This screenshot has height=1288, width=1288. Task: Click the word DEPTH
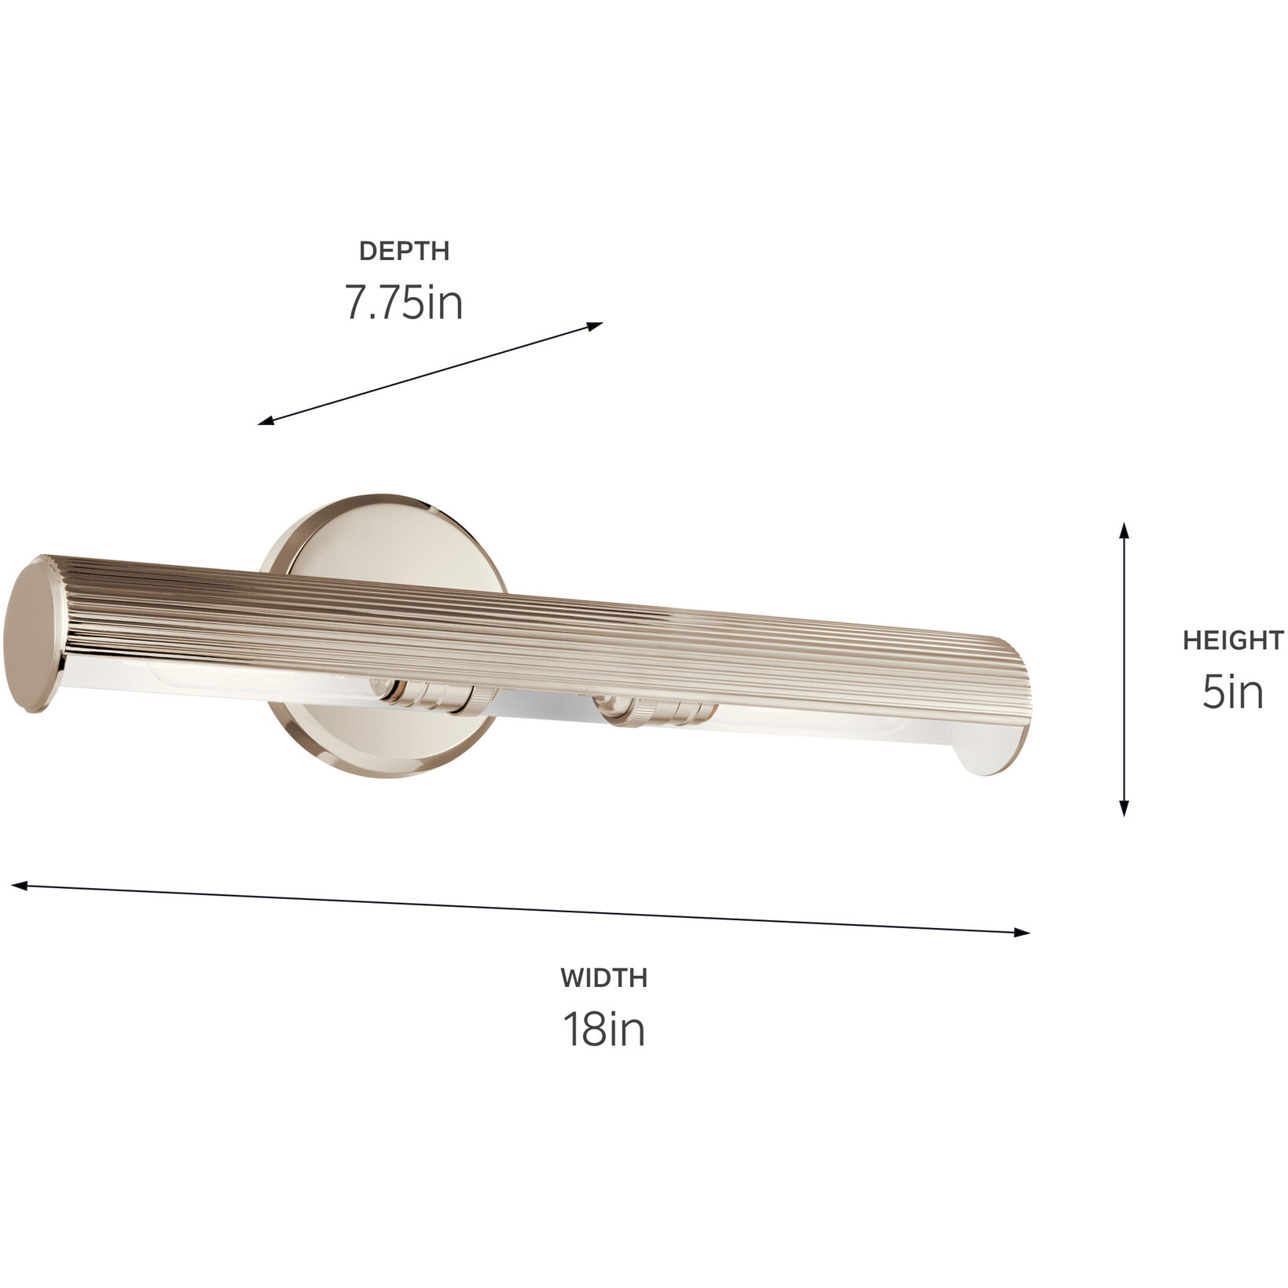tap(404, 251)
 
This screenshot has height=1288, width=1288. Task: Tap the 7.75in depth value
tap(404, 303)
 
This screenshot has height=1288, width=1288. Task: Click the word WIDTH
tap(604, 978)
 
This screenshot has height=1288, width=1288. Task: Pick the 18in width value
tap(604, 1029)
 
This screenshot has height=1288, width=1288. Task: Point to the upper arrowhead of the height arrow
tap(1125, 528)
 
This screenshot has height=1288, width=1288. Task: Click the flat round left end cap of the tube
tap(35, 635)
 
